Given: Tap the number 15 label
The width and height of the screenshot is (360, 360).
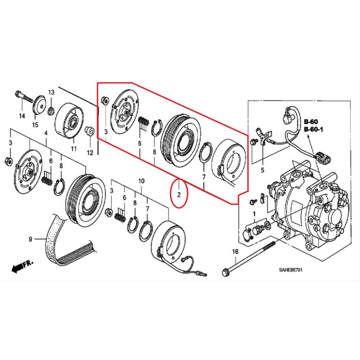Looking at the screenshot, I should [35, 124].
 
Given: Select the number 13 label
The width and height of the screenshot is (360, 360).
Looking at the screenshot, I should [51, 92].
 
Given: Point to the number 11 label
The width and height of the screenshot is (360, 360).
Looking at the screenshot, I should [74, 149].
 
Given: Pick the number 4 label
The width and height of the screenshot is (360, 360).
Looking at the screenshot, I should [46, 133].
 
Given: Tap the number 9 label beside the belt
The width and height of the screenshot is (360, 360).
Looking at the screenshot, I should [30, 239].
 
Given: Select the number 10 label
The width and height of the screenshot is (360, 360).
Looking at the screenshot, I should [142, 182].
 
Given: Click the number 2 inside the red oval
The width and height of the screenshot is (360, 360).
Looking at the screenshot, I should [179, 194].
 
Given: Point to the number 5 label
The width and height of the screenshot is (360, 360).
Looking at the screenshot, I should [262, 169].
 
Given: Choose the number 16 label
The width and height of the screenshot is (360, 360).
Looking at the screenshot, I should [236, 251].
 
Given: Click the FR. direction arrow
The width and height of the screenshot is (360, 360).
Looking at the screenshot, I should [21, 266].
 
